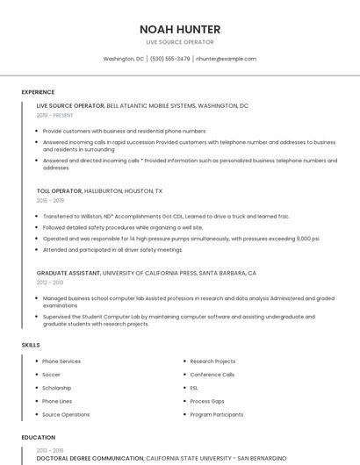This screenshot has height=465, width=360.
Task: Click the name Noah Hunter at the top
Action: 179,29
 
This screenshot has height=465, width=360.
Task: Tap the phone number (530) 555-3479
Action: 169,59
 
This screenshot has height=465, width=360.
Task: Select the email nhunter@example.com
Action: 226,59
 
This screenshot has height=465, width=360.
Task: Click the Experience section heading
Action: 38,92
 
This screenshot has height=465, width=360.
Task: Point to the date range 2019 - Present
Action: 55,115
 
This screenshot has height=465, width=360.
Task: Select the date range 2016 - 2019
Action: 51,200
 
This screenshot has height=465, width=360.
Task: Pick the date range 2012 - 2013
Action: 51,283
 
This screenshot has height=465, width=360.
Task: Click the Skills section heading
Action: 31,345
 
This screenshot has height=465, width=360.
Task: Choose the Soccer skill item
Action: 53,375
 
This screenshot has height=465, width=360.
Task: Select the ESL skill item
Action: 194,388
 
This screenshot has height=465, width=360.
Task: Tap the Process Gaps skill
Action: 207,401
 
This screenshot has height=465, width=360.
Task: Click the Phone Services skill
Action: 61,361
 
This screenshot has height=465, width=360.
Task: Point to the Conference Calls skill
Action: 212,375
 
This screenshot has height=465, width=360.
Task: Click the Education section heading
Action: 38,437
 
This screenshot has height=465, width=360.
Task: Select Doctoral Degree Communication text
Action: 90,458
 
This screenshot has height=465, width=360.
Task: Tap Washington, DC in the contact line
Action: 124,59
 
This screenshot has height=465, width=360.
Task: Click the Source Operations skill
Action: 66,414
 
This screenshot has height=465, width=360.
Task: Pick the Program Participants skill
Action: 216,414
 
